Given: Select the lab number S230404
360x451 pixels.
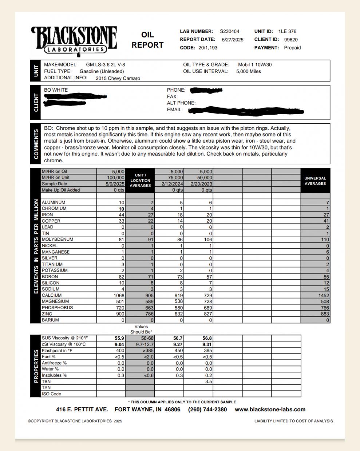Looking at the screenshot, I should (x=230, y=32).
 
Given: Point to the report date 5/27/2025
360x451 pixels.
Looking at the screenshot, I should (x=233, y=40).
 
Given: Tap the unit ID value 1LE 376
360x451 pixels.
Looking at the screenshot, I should (x=287, y=32).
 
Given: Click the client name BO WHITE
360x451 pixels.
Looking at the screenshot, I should (x=56, y=90).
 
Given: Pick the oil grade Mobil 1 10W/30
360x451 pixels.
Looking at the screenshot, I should (x=255, y=65).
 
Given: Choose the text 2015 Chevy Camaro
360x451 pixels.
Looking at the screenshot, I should (x=118, y=78).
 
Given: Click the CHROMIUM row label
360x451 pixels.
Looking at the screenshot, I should (x=54, y=208).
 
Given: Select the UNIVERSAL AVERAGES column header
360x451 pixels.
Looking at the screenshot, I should (x=315, y=181).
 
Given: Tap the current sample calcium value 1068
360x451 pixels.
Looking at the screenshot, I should (x=119, y=295).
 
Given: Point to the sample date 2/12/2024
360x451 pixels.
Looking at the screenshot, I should (x=171, y=184).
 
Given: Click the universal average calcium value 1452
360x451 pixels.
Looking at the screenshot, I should (x=323, y=295).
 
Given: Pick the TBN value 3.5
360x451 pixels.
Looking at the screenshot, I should (x=208, y=382).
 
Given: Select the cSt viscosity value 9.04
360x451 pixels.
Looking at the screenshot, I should (x=119, y=344).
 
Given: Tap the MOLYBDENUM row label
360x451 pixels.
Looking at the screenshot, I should (x=57, y=239).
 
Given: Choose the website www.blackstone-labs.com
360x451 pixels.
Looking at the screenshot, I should (x=270, y=410).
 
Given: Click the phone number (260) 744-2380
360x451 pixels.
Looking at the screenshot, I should (x=207, y=410).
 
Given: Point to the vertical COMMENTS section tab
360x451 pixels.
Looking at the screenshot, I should (x=36, y=144).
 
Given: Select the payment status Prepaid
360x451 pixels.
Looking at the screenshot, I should (x=292, y=48).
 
